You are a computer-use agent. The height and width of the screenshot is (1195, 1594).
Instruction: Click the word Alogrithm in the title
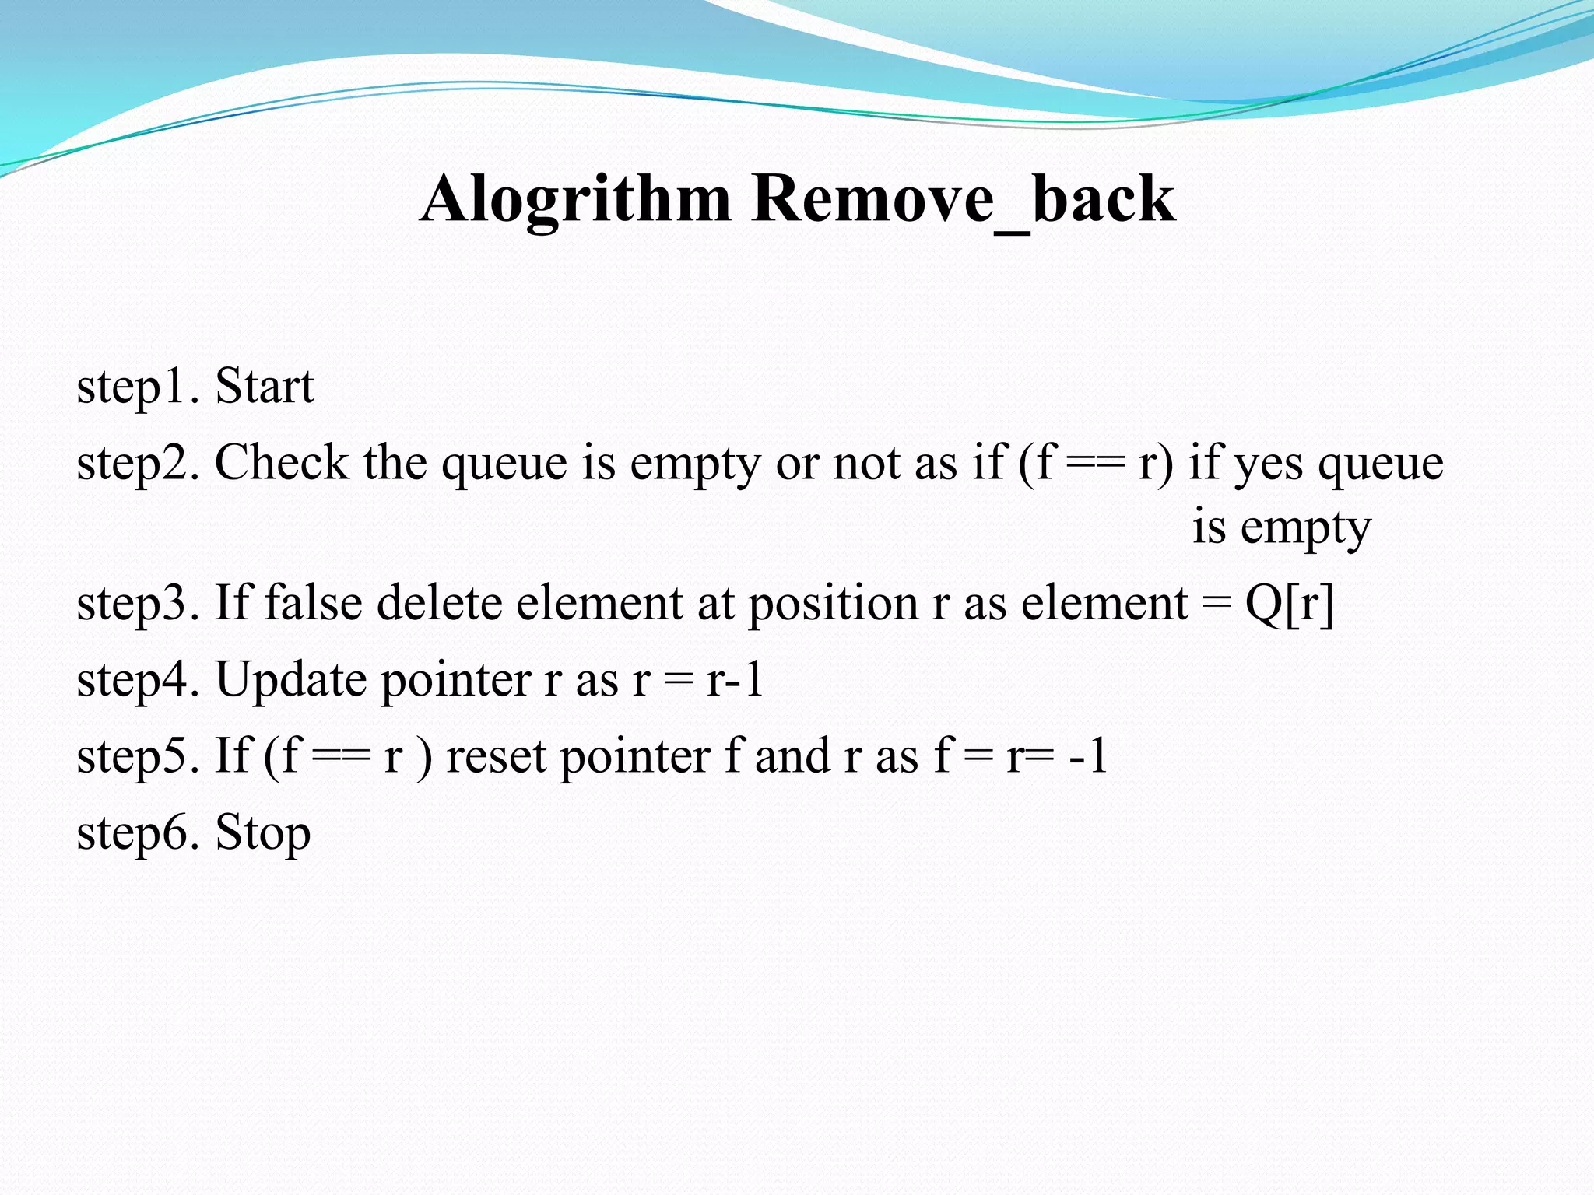point(575,200)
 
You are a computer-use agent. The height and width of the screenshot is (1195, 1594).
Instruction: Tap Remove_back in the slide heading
point(963,200)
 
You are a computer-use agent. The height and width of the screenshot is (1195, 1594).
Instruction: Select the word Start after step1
point(264,386)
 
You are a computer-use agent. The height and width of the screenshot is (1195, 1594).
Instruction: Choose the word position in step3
point(833,604)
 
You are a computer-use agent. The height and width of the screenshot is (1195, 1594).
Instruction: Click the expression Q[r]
point(1289,604)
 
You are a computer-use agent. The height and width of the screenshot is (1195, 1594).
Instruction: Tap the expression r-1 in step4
point(734,679)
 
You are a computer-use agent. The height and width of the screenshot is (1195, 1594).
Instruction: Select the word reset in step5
point(496,756)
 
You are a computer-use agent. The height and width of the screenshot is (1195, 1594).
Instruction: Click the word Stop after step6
point(262,832)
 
